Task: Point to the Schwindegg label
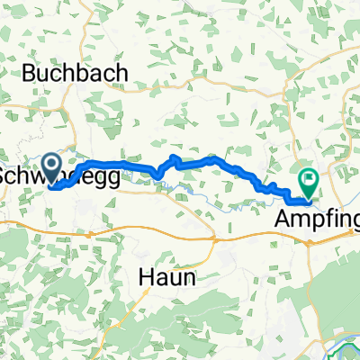click(x=58, y=176)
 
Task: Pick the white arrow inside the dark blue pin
click(x=51, y=164)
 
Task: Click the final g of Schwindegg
click(x=112, y=179)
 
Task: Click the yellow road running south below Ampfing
click(x=310, y=270)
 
